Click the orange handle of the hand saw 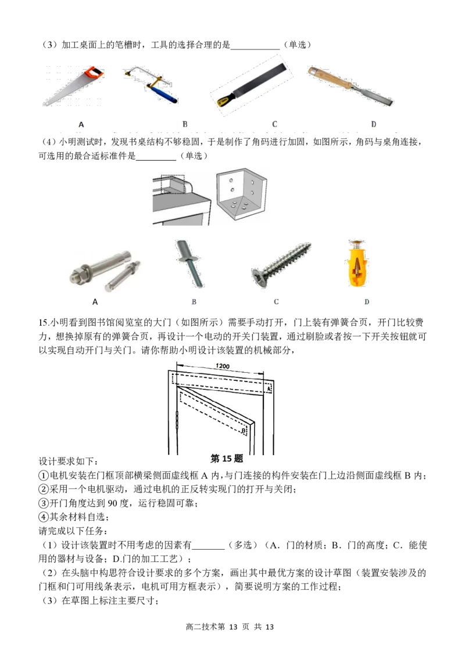point(94,73)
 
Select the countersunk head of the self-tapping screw point(260,277)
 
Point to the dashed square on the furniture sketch point(172,185)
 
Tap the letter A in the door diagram point(269,389)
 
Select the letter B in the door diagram point(243,430)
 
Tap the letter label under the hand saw point(81,124)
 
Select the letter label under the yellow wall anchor point(366,302)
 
